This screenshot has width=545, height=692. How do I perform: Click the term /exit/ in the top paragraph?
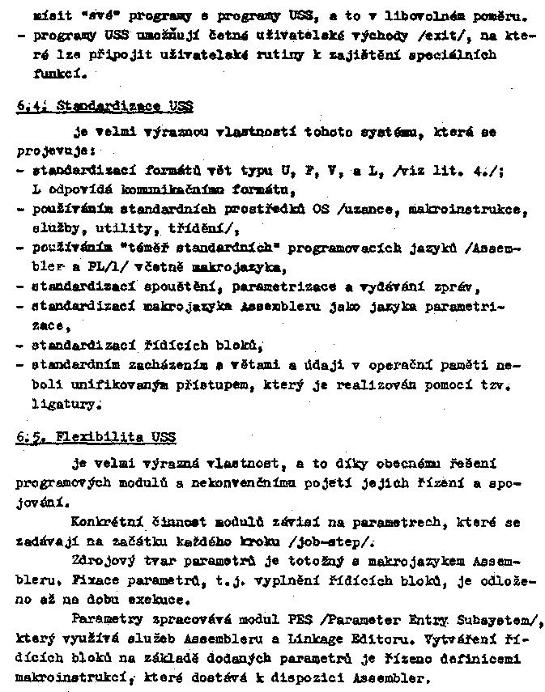(x=438, y=36)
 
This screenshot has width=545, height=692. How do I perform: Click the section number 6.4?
(x=28, y=106)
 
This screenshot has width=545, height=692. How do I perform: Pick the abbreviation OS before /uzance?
(x=321, y=210)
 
